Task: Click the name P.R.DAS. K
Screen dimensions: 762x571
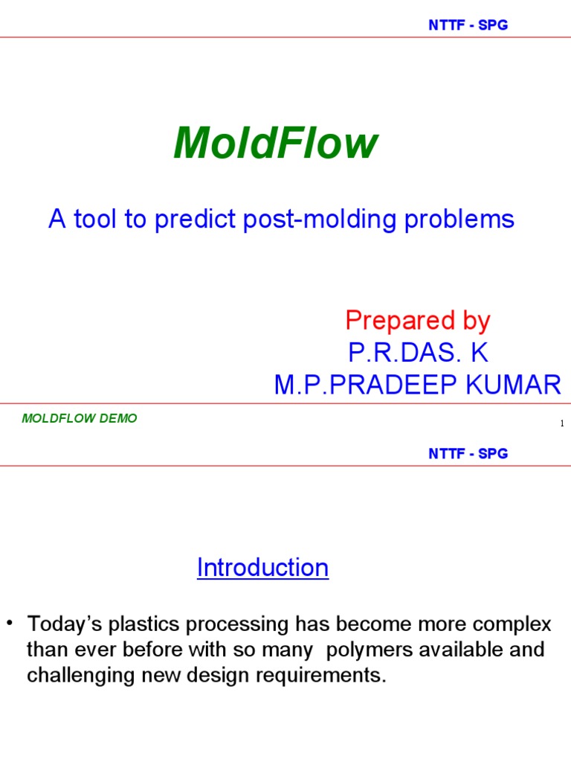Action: [x=418, y=353]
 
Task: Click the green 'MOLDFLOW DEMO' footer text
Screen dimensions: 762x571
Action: [x=80, y=418]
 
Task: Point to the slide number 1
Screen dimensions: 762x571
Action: [x=562, y=424]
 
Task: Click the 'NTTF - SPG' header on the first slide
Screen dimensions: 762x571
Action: [x=468, y=25]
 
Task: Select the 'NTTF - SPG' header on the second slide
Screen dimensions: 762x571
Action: [x=468, y=454]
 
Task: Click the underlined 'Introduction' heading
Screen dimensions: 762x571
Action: [x=262, y=568]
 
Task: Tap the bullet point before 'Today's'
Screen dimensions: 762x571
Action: [x=10, y=622]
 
